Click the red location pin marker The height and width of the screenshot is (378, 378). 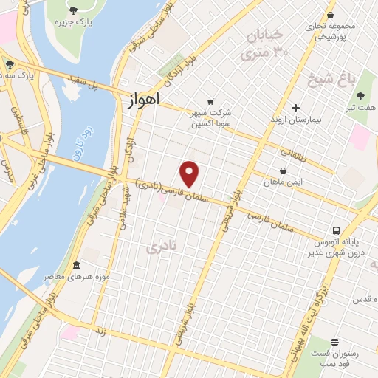(x=190, y=173)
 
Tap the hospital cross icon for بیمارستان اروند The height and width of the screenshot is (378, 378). (x=295, y=108)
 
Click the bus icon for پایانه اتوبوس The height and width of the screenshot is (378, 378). (x=336, y=230)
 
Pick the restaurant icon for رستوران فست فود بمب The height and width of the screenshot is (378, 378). (x=335, y=343)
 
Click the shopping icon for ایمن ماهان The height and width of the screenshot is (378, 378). (x=283, y=171)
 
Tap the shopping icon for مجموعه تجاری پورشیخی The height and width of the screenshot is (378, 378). (x=330, y=16)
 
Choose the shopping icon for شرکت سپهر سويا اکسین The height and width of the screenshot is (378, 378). (x=211, y=102)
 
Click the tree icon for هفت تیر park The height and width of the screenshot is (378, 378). (x=361, y=97)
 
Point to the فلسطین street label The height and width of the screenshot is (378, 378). (x=16, y=115)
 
